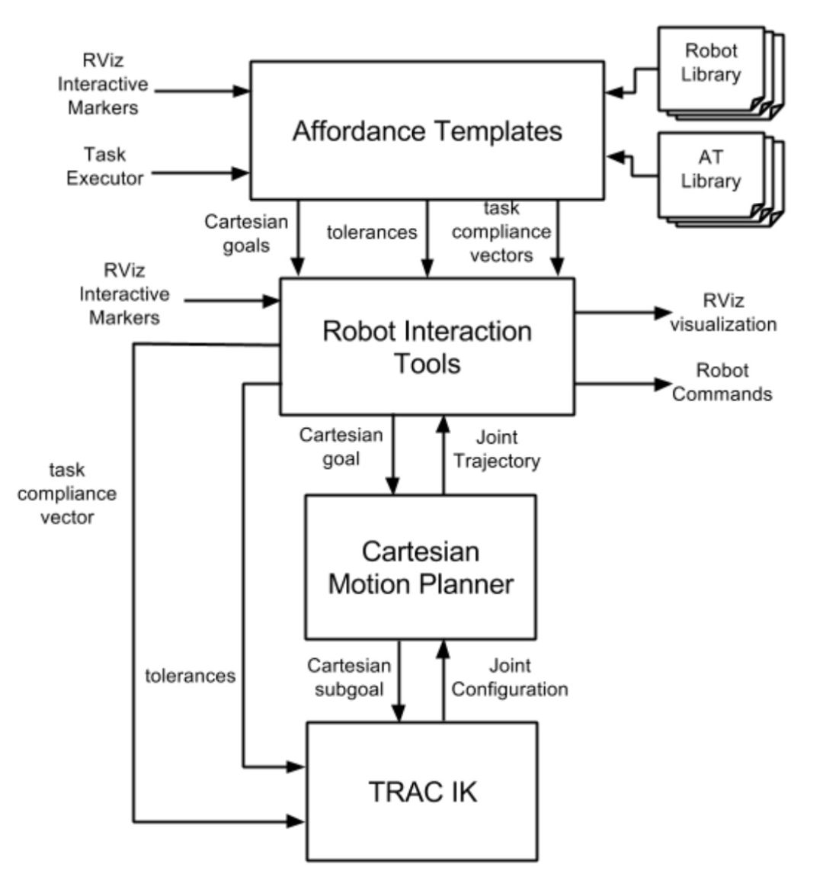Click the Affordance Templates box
click(427, 131)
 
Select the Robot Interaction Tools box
click(427, 346)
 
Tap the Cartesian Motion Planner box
click(421, 567)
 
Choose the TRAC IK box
click(422, 792)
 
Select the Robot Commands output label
click(722, 382)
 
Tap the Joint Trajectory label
click(496, 449)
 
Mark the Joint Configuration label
click(509, 677)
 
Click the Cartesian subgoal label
click(349, 677)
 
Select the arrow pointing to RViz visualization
click(621, 312)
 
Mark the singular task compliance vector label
click(67, 493)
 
